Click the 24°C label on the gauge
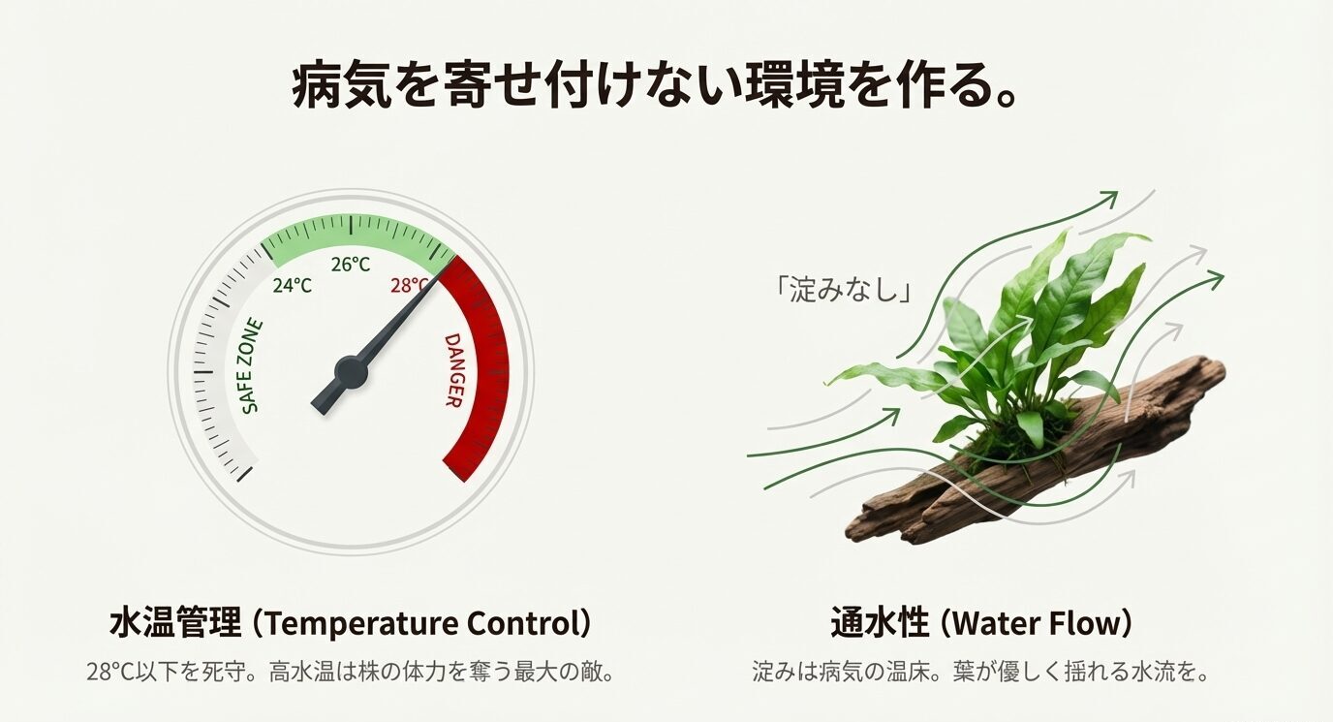tap(293, 286)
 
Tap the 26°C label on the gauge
tap(351, 264)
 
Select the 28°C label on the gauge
tap(409, 286)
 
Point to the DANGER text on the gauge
tap(454, 370)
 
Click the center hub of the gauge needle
tap(350, 371)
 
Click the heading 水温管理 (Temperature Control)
tap(350, 623)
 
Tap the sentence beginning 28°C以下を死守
tap(350, 672)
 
